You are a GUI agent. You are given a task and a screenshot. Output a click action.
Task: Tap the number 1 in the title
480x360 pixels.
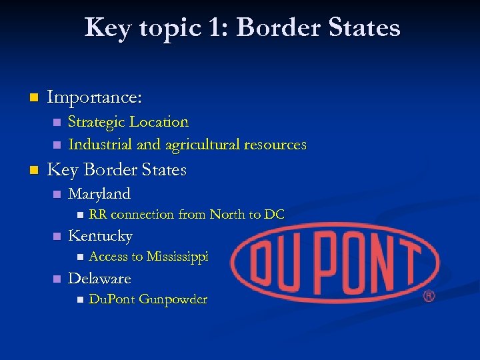pyautogui.click(x=214, y=27)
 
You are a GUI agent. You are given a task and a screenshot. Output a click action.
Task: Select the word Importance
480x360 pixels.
pyautogui.click(x=94, y=97)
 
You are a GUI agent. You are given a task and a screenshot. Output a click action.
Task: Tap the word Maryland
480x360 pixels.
pyautogui.click(x=99, y=194)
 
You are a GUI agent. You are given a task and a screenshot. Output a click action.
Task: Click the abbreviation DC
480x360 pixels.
pyautogui.click(x=274, y=215)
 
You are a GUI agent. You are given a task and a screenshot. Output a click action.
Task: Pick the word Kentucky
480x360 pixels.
pyautogui.click(x=100, y=236)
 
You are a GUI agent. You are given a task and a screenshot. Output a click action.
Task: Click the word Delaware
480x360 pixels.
pyautogui.click(x=99, y=278)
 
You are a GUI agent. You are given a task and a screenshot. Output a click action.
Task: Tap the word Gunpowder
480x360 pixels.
pyautogui.click(x=173, y=299)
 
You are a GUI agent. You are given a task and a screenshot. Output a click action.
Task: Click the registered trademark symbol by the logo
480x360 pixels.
pyautogui.click(x=429, y=295)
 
